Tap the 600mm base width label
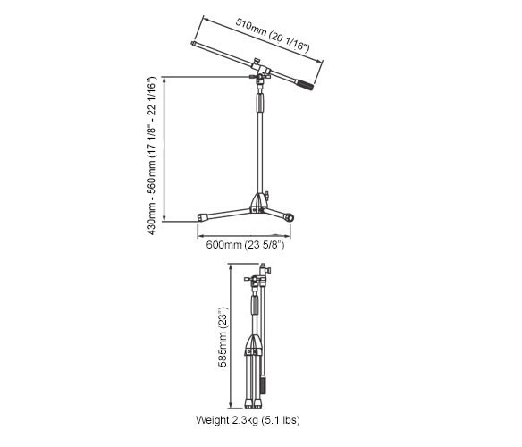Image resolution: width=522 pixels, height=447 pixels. tap(245, 245)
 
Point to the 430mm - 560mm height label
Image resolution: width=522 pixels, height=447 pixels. tap(151, 156)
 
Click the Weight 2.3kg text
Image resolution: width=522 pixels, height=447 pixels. tap(248, 420)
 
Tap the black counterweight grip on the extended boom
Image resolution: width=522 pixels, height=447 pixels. tap(305, 85)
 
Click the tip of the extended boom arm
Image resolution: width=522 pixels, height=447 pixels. tap(193, 43)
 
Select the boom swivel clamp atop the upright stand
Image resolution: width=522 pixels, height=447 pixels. tap(260, 74)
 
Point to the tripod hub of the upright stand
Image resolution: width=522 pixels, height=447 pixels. tap(259, 203)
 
